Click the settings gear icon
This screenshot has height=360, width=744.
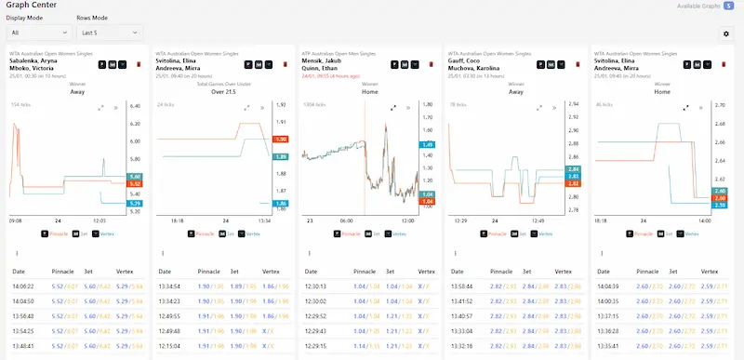tap(726, 33)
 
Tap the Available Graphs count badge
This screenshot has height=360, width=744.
tap(729, 6)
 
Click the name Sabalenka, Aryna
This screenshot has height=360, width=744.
tap(38, 61)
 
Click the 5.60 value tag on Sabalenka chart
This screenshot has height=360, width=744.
tap(135, 177)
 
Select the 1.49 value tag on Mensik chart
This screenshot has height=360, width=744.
tap(428, 145)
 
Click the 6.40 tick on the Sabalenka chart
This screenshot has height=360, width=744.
tap(135, 106)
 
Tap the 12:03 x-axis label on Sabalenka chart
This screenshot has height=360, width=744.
tap(100, 221)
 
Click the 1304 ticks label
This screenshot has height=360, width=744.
tap(316, 105)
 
